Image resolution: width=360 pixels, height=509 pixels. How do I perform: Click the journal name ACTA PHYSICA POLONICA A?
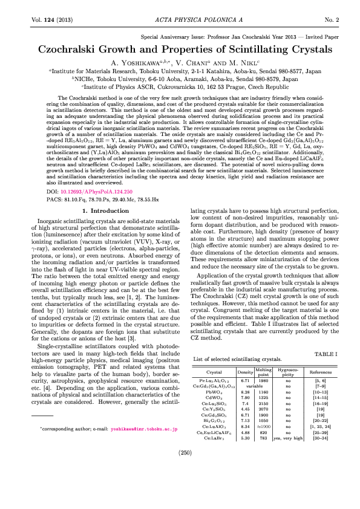coord(180,19)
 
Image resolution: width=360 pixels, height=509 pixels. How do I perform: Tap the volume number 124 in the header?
coord(47,19)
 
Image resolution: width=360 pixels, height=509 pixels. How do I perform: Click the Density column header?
coord(246,372)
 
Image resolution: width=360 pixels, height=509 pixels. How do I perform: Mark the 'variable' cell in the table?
coord(254,386)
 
